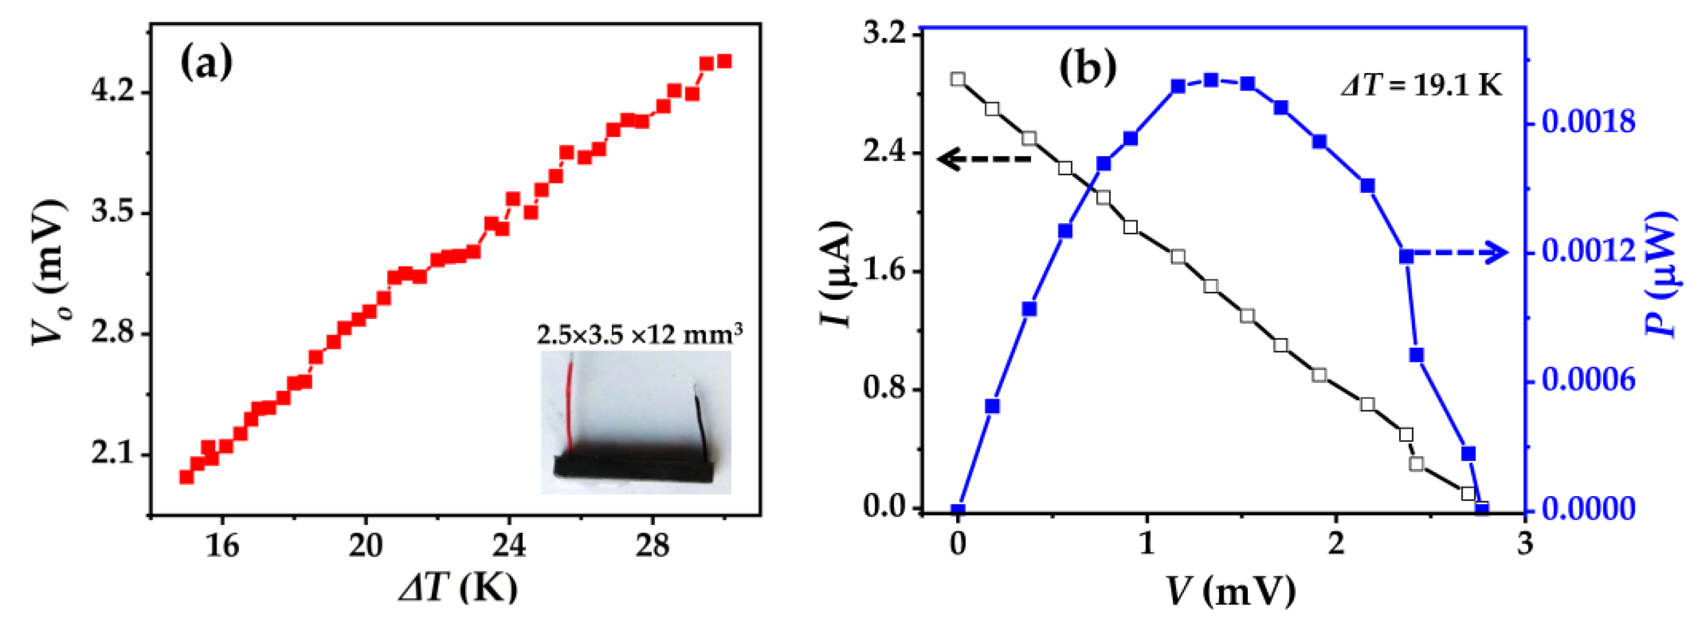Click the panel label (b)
[1088, 68]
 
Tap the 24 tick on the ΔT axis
[508, 546]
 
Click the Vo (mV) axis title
[49, 272]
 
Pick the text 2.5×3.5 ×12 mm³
[639, 334]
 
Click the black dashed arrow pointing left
[984, 158]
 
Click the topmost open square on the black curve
[958, 79]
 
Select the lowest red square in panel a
[186, 477]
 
